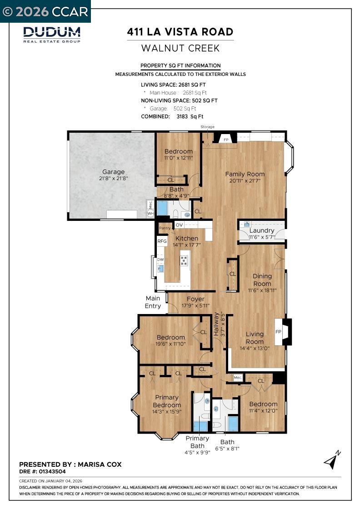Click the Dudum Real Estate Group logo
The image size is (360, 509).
(52, 35)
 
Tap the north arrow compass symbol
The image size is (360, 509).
(332, 460)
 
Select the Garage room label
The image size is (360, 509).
(113, 172)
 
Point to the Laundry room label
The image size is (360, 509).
(262, 230)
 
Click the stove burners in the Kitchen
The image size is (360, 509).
(184, 260)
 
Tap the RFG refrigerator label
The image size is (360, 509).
(162, 241)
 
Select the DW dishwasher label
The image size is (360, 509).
(160, 259)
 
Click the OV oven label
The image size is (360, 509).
(179, 225)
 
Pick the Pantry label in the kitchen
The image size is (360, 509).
(164, 228)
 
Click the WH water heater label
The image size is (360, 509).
(150, 213)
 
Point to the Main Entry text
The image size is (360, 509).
(153, 302)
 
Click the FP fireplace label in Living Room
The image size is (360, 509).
(278, 332)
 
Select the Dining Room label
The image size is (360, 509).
(262, 279)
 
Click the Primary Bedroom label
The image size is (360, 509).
(167, 401)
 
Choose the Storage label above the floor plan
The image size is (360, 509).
(207, 127)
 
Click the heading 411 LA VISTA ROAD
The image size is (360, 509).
(180, 32)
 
